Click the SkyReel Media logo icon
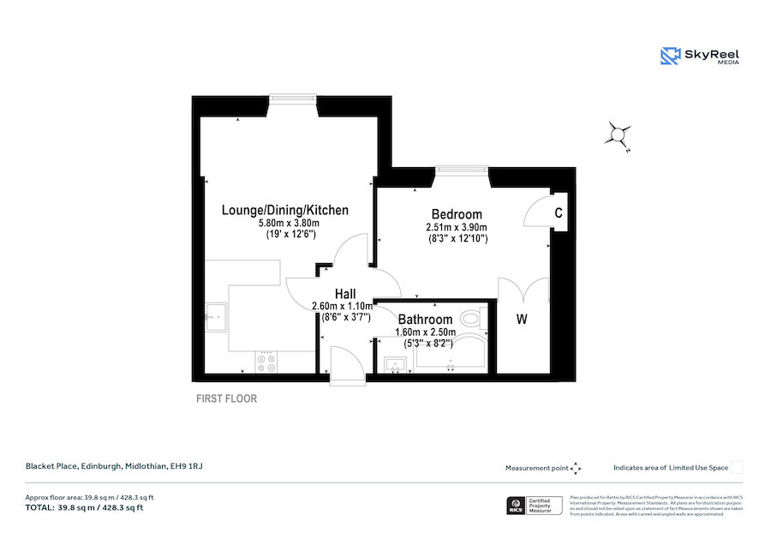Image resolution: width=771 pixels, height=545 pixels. coord(670,57)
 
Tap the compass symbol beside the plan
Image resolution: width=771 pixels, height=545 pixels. coord(618,135)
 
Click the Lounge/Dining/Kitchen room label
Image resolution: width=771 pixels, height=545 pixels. coord(285,210)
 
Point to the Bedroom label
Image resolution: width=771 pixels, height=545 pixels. coord(457,214)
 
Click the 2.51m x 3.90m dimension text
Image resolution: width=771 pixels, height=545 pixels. coord(457,227)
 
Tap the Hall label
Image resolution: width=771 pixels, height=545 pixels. coord(344,294)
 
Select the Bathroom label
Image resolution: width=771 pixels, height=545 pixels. coord(423,320)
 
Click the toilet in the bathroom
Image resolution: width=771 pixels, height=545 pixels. coord(470,320)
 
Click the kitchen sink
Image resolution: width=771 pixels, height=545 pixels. coord(214,317)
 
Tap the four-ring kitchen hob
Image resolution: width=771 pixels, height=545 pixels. coord(266,362)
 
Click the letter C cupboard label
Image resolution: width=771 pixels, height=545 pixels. coord(558,213)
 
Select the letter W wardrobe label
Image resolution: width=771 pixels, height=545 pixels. coord(522,320)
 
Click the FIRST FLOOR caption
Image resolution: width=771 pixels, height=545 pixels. coord(226,398)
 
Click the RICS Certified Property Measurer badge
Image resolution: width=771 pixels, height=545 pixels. coord(533,506)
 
